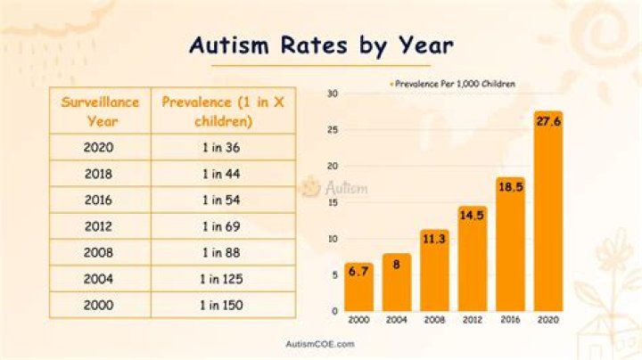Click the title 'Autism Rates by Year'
click(321, 45)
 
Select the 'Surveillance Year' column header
click(100, 111)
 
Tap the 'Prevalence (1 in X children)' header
click(223, 111)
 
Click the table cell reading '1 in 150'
click(223, 306)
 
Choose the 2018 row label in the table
click(98, 174)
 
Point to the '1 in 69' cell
click(223, 226)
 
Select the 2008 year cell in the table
click(98, 253)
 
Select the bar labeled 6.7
click(359, 290)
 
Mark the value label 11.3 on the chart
click(434, 239)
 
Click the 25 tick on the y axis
click(332, 129)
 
